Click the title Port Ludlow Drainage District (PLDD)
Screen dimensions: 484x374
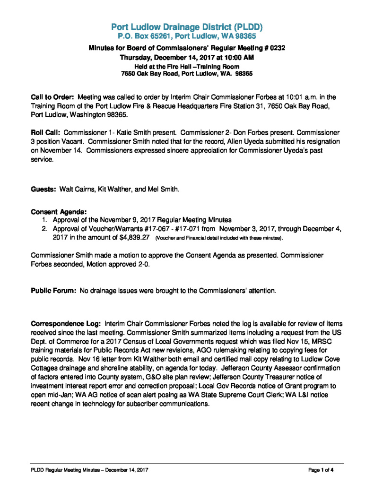tap(187, 26)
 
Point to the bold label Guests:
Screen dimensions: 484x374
tap(43, 189)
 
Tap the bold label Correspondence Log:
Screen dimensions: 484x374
tap(66, 324)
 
